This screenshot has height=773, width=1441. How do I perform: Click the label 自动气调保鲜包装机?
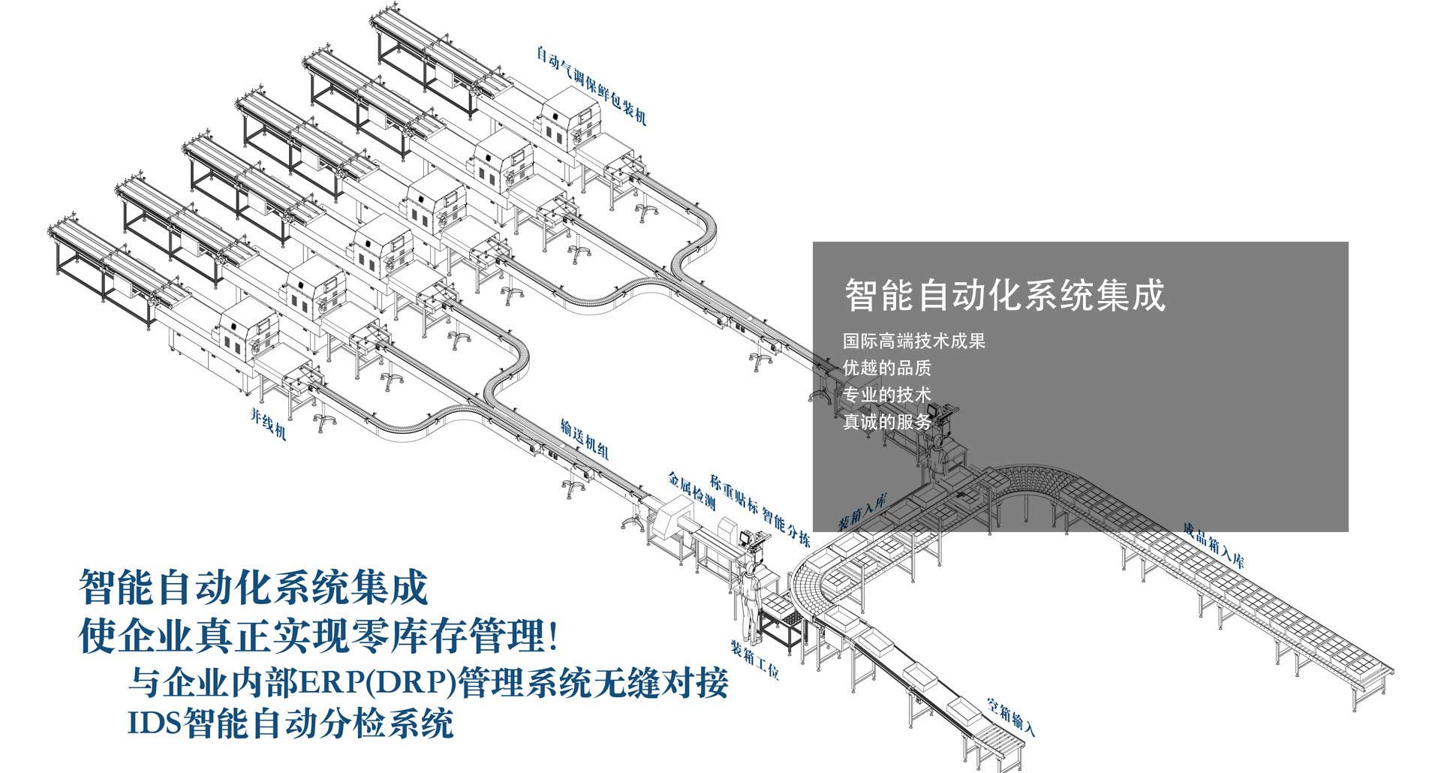click(591, 86)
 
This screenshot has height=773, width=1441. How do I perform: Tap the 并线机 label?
click(268, 424)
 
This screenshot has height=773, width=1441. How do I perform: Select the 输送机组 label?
click(584, 438)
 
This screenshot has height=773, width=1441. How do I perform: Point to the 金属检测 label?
click(691, 492)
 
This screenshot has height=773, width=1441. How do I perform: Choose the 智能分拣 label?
click(786, 527)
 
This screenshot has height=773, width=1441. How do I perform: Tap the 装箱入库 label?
click(862, 510)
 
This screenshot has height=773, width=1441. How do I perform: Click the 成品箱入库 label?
click(1213, 545)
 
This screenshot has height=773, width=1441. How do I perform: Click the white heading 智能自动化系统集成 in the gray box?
click(1005, 295)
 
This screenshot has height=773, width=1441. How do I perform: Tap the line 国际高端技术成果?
click(913, 341)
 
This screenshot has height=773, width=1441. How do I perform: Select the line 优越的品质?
click(886, 368)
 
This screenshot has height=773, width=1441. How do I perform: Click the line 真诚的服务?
click(886, 422)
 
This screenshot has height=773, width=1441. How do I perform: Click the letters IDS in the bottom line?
click(153, 723)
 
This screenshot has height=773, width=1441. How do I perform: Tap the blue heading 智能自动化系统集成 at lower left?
click(253, 588)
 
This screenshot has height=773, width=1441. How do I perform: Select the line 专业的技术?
click(886, 395)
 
